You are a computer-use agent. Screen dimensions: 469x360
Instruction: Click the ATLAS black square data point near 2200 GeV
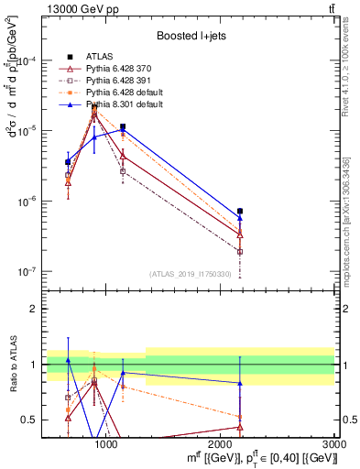pos(240,212)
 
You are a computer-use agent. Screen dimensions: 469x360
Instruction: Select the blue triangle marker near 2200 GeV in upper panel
pos(240,218)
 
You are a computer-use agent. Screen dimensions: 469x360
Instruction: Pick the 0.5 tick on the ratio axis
pos(28,420)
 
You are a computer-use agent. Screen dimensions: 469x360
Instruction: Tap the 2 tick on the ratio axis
pos(33,309)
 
